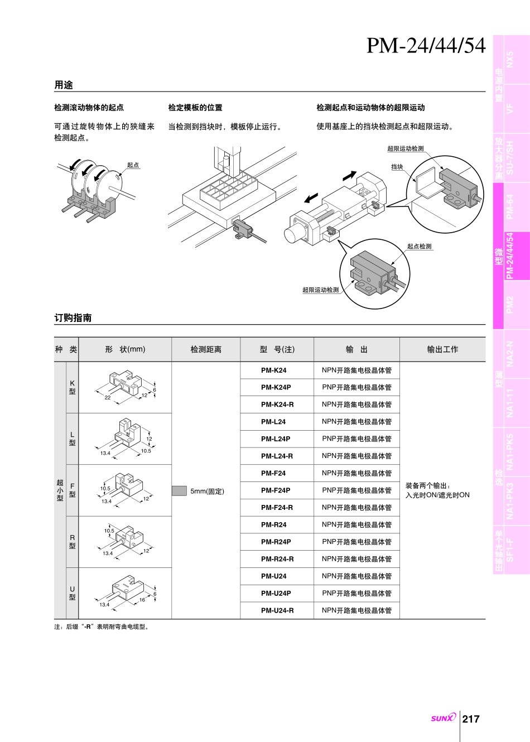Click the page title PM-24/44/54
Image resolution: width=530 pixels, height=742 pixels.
[426, 46]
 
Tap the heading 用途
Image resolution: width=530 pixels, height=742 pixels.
[64, 85]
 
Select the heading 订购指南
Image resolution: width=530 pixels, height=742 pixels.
[73, 317]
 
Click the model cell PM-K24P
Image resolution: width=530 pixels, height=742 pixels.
[276, 387]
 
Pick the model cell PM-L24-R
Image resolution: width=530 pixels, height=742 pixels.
[277, 456]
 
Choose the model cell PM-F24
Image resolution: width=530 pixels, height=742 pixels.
[273, 473]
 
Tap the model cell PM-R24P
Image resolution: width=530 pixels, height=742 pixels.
[276, 542]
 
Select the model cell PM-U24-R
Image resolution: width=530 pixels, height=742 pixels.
[277, 610]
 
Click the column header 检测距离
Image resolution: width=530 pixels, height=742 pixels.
[206, 349]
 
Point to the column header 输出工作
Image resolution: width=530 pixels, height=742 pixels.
[442, 349]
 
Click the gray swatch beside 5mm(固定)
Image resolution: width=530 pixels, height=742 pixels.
[179, 491]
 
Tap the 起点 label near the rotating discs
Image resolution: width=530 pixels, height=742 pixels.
[133, 165]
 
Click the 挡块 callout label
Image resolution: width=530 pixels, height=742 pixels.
[397, 167]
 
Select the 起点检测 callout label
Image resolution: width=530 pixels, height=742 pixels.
[419, 246]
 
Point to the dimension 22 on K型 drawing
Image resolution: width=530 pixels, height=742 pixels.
[108, 397]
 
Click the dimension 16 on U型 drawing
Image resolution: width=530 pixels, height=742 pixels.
[142, 600]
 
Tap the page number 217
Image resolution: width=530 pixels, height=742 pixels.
[471, 719]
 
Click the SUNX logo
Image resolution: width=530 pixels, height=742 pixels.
[443, 718]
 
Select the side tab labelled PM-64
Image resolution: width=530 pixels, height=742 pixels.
[510, 207]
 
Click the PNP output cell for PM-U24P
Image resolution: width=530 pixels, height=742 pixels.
[356, 593]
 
